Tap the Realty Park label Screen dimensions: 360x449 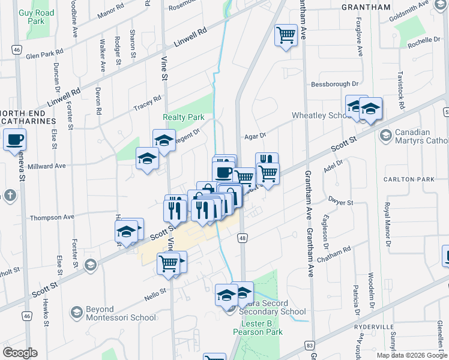(x=184, y=118)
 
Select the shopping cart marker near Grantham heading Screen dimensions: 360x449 (x=286, y=35)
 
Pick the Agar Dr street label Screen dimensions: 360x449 (x=255, y=137)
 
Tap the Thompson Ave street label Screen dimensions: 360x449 (x=52, y=217)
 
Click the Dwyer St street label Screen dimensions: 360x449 (x=340, y=203)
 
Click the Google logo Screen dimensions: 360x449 (x=20, y=353)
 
